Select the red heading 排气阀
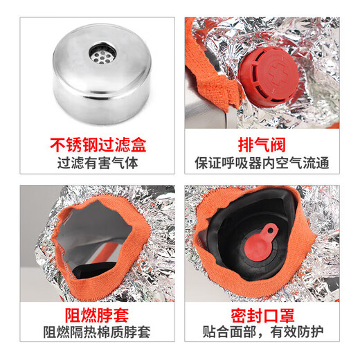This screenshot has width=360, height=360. click(x=269, y=145)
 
